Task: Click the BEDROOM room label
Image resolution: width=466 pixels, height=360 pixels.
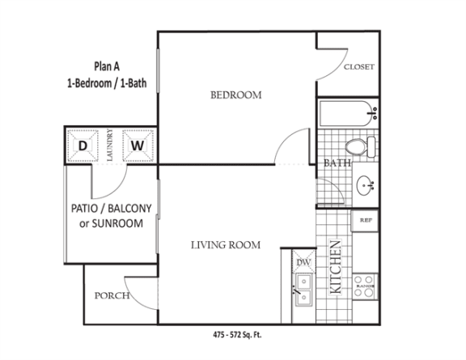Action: pyautogui.click(x=236, y=95)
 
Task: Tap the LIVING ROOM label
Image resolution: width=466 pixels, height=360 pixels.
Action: pyautogui.click(x=226, y=245)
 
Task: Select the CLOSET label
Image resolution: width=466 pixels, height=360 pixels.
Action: pyautogui.click(x=358, y=67)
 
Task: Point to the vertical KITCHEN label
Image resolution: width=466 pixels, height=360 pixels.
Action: pyautogui.click(x=336, y=267)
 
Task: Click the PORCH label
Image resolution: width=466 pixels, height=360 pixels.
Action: pyautogui.click(x=112, y=295)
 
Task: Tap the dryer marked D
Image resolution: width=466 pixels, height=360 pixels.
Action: pyautogui.click(x=83, y=146)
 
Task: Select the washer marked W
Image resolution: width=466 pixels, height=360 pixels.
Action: pyautogui.click(x=138, y=146)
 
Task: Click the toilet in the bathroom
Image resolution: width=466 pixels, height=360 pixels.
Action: pyautogui.click(x=361, y=147)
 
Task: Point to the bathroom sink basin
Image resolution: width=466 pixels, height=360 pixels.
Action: pyautogui.click(x=365, y=185)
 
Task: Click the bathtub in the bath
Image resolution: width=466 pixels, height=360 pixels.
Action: pyautogui.click(x=348, y=113)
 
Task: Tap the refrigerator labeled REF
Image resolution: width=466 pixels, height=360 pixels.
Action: pyautogui.click(x=365, y=221)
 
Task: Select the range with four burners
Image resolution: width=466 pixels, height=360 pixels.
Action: pyautogui.click(x=365, y=286)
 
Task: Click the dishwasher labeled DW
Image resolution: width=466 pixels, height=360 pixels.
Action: pyautogui.click(x=303, y=261)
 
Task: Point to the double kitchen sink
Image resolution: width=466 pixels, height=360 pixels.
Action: pyautogui.click(x=303, y=290)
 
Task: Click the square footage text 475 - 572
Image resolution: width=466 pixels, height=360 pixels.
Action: pyautogui.click(x=237, y=335)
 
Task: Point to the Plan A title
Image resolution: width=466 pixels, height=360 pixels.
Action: pyautogui.click(x=107, y=66)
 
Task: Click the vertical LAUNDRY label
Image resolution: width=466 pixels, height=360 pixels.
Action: pyautogui.click(x=110, y=146)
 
